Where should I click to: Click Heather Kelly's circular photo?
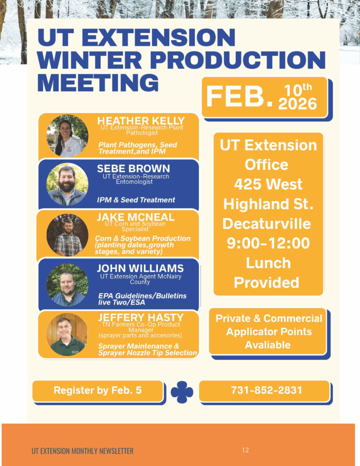[67, 136]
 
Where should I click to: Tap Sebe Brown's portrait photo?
[67, 185]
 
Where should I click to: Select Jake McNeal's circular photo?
[67, 235]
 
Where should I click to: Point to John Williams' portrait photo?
[67, 285]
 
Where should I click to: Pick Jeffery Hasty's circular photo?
[67, 334]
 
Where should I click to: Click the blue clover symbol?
[182, 392]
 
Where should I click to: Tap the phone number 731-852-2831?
[267, 390]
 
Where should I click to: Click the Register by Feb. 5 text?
[97, 390]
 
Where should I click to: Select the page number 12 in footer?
[246, 450]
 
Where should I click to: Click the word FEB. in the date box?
[239, 96]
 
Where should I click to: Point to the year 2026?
[298, 104]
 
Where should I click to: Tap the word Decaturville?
[267, 223]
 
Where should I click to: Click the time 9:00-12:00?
[269, 243]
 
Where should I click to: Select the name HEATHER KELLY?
[141, 121]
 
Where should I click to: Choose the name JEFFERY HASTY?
[141, 317]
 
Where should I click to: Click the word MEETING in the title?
[98, 82]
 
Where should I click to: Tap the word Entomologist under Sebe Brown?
[134, 182]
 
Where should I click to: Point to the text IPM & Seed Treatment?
[136, 200]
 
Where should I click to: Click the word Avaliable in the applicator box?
[268, 345]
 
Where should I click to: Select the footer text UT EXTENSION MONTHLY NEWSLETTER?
[83, 451]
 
